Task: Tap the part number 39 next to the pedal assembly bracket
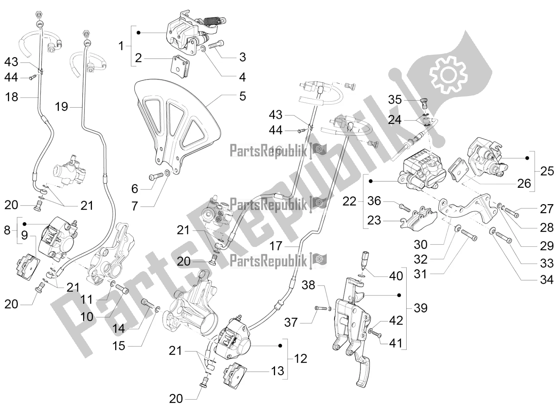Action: click(x=420, y=308)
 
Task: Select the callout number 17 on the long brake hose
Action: click(x=276, y=246)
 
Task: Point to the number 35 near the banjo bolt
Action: click(x=395, y=100)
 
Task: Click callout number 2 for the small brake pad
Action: click(x=138, y=58)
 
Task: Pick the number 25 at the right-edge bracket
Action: click(x=547, y=171)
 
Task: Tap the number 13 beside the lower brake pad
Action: click(x=277, y=371)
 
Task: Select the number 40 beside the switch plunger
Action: click(x=396, y=276)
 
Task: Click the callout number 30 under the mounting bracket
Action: click(x=420, y=245)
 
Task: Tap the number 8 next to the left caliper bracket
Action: click(x=7, y=230)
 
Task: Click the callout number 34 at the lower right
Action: click(x=547, y=279)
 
